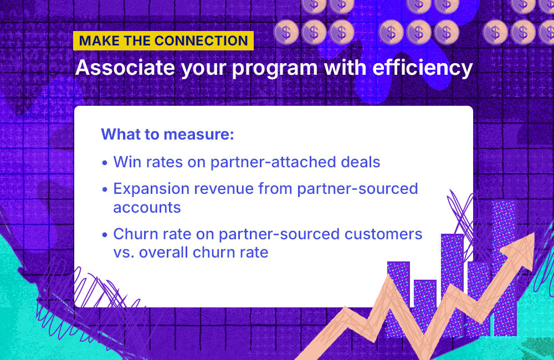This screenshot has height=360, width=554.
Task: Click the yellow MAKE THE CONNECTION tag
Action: (163, 41)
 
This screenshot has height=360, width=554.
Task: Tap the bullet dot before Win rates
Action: (105, 163)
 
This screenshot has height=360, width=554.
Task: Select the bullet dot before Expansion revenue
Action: (105, 189)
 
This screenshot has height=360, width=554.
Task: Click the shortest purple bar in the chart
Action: (425, 305)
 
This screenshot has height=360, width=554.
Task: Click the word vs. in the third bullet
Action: (124, 253)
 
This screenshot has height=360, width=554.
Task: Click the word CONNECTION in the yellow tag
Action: (201, 41)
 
